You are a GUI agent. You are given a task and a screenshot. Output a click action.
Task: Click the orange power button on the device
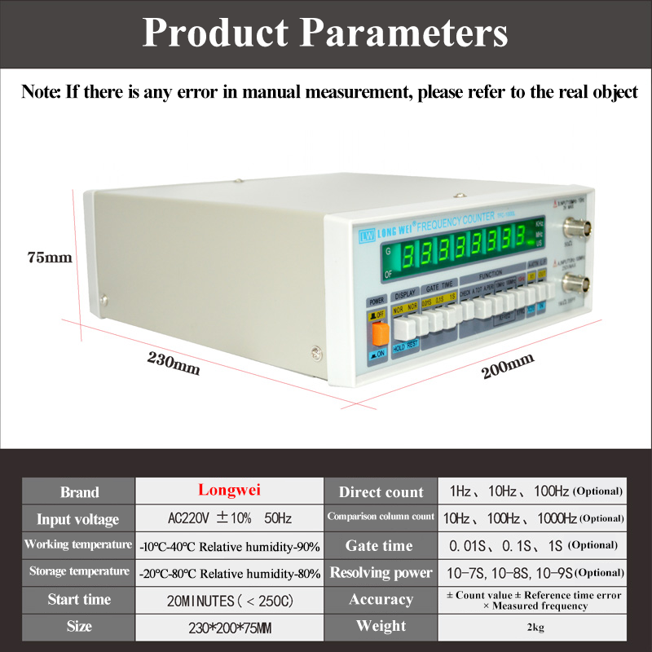click(x=379, y=334)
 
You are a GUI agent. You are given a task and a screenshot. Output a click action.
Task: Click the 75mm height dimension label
click(x=50, y=258)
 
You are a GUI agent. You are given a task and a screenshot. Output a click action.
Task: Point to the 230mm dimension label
click(x=174, y=361)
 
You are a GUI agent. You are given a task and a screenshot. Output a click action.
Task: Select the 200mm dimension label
click(x=508, y=366)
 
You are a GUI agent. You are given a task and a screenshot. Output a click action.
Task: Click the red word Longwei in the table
click(x=228, y=491)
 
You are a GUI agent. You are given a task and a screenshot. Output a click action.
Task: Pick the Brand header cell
click(x=79, y=491)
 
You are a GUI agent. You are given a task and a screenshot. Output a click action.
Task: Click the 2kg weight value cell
click(x=534, y=628)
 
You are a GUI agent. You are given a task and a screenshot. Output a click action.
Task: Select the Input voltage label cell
click(x=79, y=519)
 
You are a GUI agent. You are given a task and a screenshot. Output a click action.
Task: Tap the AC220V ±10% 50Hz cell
click(x=228, y=519)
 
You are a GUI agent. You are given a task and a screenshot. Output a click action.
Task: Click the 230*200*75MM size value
click(x=228, y=628)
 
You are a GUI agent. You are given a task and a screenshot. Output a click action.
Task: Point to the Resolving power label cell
click(x=381, y=573)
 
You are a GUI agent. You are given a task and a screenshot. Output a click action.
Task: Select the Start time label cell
click(x=79, y=600)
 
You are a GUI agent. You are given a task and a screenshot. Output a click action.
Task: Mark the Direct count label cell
click(x=381, y=491)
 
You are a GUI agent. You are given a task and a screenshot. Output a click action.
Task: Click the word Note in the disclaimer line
click(x=40, y=91)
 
